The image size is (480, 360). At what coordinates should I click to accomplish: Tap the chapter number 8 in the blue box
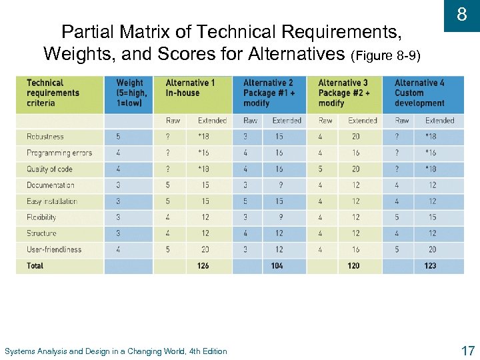click(x=461, y=15)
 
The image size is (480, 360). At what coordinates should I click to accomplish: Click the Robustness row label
click(x=45, y=137)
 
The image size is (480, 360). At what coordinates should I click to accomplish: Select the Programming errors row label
click(x=59, y=153)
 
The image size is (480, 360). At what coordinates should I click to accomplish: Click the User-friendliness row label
click(x=54, y=249)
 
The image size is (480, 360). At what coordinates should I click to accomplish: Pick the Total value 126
click(x=203, y=266)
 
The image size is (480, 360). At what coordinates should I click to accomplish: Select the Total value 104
click(x=277, y=266)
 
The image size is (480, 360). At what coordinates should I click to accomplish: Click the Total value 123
click(x=430, y=266)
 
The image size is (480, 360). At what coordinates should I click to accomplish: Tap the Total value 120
click(x=353, y=266)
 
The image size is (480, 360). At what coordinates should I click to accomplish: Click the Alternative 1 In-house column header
click(x=190, y=88)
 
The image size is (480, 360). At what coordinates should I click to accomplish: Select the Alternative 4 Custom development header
click(x=419, y=93)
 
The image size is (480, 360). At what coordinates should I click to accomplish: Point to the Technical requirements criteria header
click(x=53, y=93)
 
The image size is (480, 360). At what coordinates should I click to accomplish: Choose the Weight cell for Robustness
click(x=119, y=137)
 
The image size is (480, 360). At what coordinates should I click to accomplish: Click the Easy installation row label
click(x=52, y=201)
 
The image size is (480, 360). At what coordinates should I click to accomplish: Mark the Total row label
click(x=35, y=266)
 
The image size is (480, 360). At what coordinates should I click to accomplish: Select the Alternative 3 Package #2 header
click(x=343, y=93)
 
